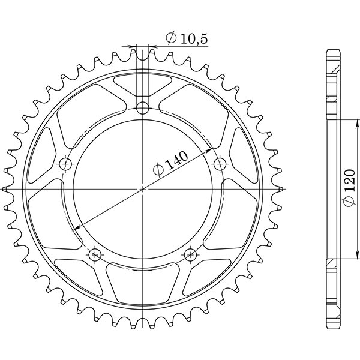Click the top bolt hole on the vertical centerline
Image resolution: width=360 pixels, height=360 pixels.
[142, 108]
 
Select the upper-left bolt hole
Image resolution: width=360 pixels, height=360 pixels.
[65, 164]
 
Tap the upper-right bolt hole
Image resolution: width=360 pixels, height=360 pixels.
[220, 163]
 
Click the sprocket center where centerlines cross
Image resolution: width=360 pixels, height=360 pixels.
[142, 189]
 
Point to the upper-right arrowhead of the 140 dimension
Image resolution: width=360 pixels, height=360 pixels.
[210, 148]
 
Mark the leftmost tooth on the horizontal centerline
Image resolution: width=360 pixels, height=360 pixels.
[8, 189]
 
